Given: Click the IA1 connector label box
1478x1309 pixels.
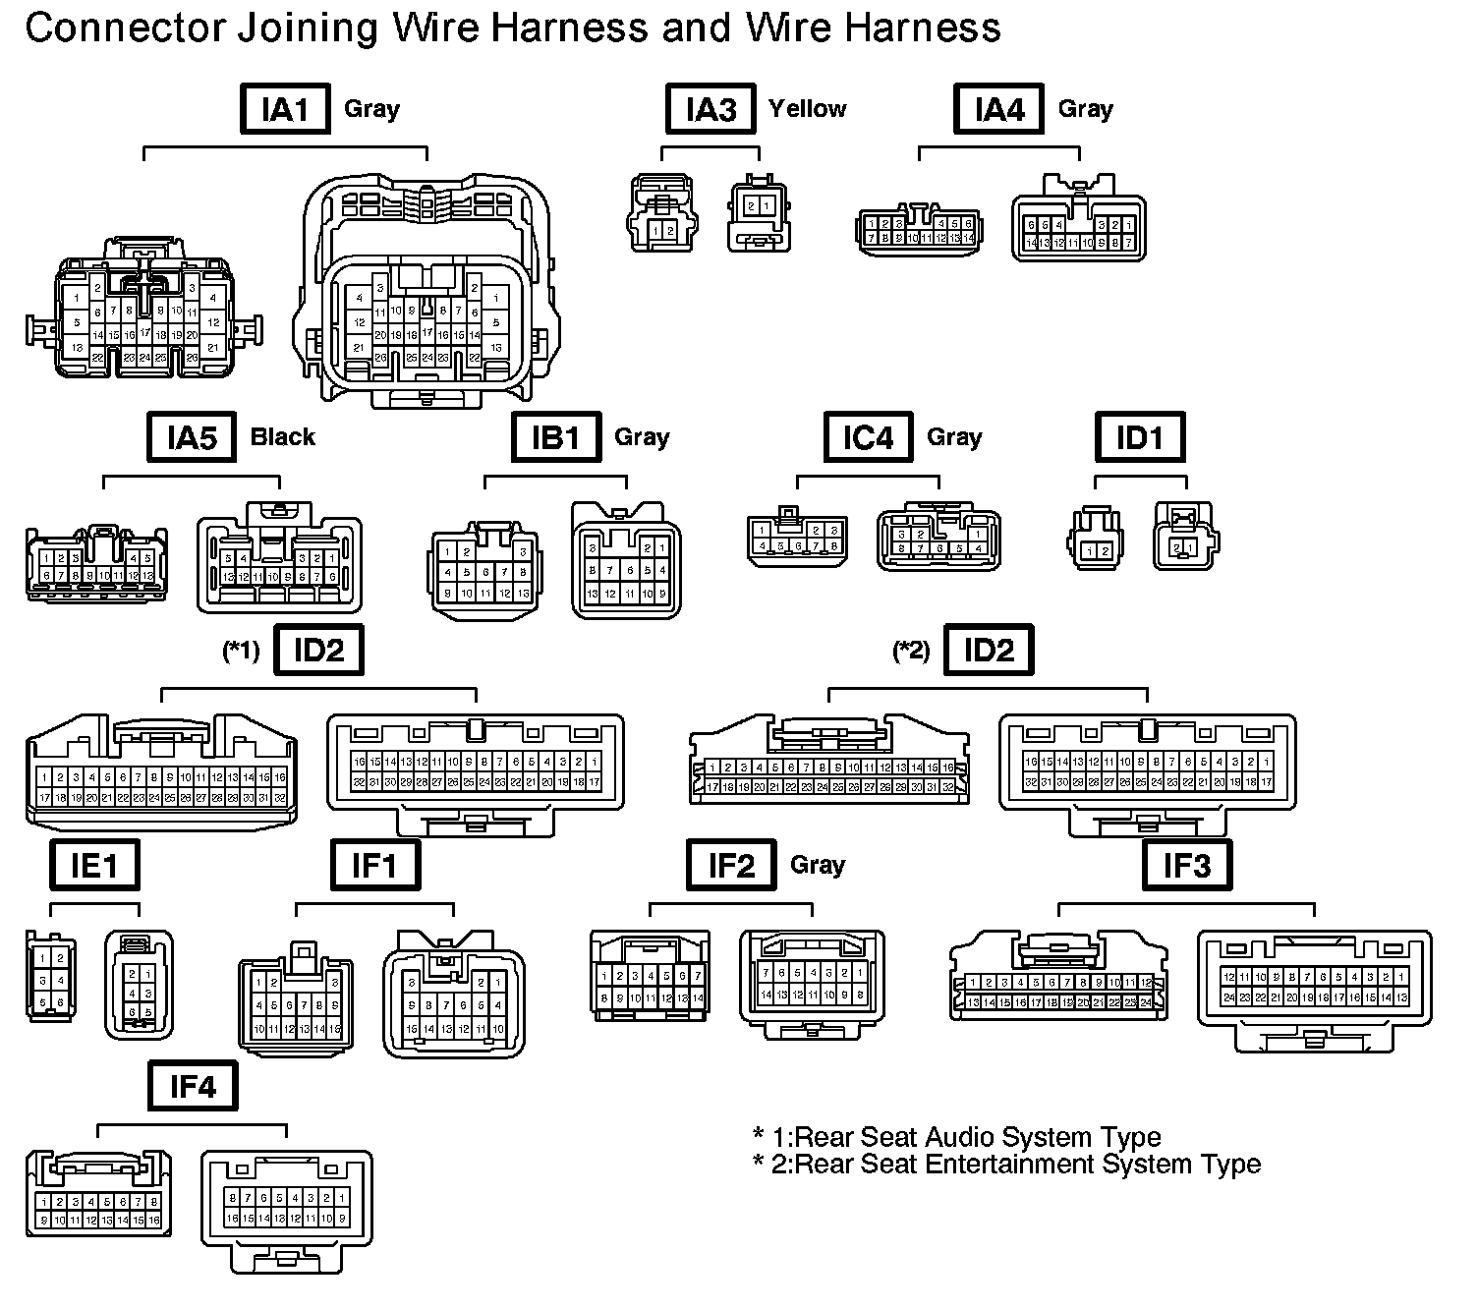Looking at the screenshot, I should point(285,109).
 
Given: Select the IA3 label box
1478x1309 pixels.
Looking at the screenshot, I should point(710,109).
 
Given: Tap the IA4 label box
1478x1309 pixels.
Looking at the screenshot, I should point(998,109).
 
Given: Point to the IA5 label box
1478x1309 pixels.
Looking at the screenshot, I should point(192,437).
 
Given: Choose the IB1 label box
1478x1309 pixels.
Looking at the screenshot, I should point(556,437).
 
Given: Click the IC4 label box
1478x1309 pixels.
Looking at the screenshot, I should point(868,437).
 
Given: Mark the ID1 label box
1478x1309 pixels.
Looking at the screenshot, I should point(1140,437).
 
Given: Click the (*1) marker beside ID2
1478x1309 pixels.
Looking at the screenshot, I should point(241,651).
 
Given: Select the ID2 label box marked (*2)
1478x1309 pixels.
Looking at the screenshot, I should point(989,651).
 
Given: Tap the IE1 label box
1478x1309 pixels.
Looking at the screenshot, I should point(94,865).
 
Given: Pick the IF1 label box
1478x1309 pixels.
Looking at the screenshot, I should point(374,865).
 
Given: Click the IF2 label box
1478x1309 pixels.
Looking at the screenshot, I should point(732,865).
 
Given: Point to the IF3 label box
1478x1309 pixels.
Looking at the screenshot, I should point(1187,865).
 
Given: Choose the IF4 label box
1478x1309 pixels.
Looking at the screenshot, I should point(193,1086).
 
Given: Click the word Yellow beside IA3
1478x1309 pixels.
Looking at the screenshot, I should point(808,109).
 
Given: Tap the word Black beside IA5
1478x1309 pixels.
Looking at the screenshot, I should point(283,437).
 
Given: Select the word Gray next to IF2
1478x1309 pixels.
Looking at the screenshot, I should point(818,865).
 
